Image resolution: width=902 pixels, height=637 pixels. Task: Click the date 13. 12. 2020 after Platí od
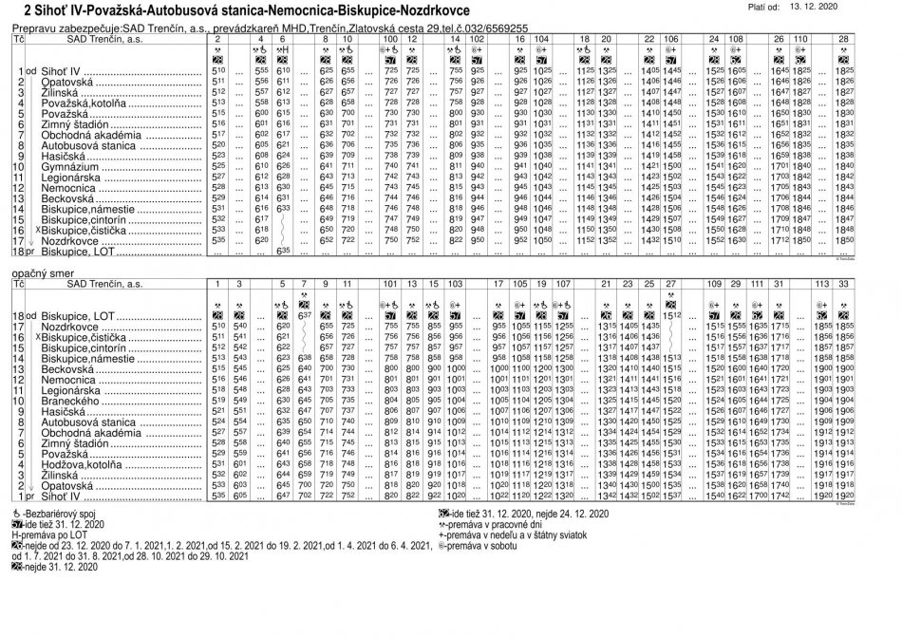863,7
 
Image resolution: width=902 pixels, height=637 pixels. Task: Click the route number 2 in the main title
10,10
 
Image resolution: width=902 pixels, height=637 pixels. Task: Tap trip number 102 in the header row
477,40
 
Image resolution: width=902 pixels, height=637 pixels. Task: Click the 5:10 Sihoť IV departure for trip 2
218,72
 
